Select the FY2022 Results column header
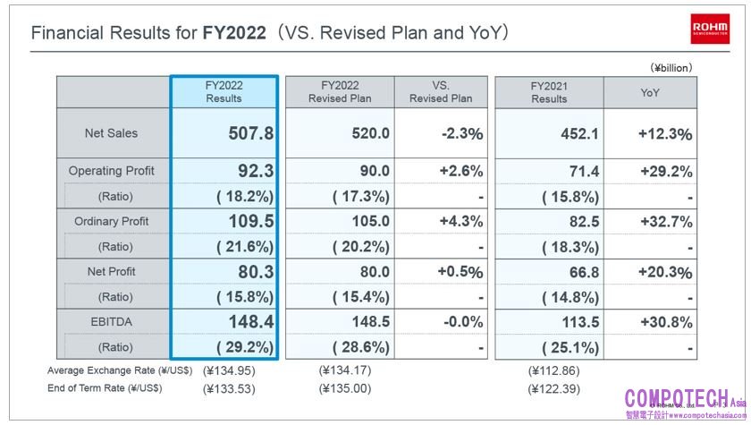[x=224, y=91]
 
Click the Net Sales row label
[x=112, y=133]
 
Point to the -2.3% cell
[x=461, y=133]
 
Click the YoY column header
[x=650, y=91]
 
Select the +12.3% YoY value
[x=665, y=133]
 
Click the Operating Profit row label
[x=112, y=171]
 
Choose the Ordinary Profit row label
[x=112, y=221]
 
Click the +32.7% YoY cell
[x=665, y=221]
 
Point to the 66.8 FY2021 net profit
[x=583, y=271]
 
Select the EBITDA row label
[x=112, y=321]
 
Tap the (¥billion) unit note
[x=671, y=67]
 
